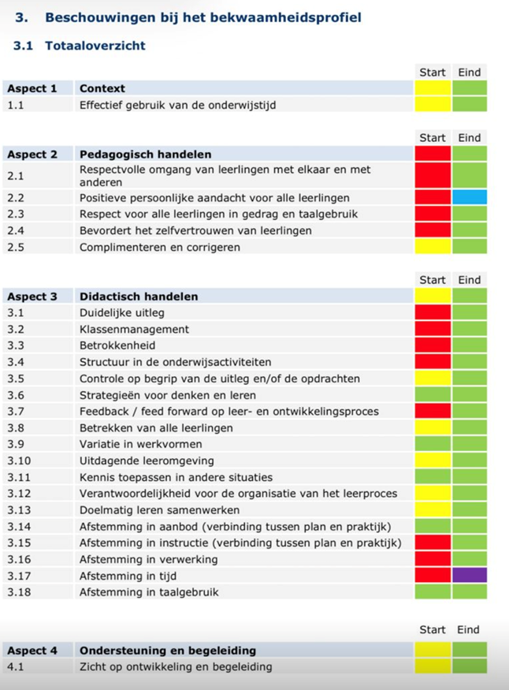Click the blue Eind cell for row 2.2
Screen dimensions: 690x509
tap(470, 197)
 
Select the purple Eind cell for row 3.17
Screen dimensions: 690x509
tap(470, 576)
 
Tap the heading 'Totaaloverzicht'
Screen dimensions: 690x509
tap(95, 46)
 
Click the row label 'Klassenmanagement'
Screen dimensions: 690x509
tap(134, 329)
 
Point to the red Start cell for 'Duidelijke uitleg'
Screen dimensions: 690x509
tap(433, 312)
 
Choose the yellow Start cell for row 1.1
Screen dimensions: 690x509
tap(433, 104)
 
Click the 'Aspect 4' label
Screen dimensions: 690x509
tap(32, 651)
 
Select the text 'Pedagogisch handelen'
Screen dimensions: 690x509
tap(145, 154)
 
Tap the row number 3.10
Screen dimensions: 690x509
tap(21, 461)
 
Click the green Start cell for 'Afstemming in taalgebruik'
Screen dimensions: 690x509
tap(433, 592)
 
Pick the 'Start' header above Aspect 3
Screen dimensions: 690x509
tap(433, 279)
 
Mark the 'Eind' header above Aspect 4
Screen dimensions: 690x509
tap(468, 629)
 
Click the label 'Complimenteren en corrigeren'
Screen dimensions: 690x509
tap(160, 247)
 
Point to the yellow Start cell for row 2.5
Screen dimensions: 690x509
tap(433, 247)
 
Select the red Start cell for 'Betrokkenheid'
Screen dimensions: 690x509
tap(433, 345)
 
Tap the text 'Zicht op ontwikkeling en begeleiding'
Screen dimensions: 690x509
tap(176, 667)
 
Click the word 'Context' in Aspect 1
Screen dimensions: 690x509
tap(102, 88)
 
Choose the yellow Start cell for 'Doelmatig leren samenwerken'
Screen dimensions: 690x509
tap(433, 510)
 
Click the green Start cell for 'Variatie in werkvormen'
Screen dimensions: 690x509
tap(433, 444)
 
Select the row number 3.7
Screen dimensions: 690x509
tap(18, 412)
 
